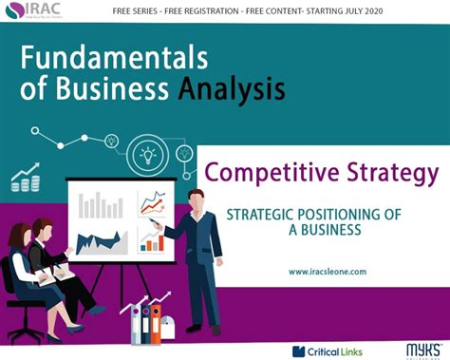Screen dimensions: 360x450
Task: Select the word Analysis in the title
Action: point(232,91)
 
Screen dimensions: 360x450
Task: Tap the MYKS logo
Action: point(414,348)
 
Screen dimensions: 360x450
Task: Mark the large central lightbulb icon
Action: point(148,154)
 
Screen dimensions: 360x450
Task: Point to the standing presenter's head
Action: point(196,199)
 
